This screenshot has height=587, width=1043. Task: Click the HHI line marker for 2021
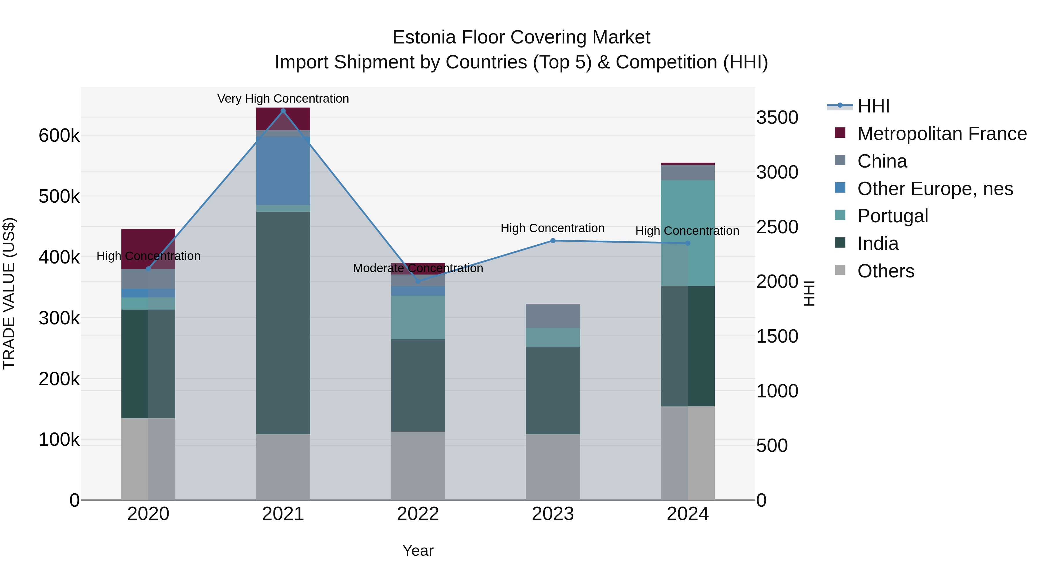click(x=283, y=111)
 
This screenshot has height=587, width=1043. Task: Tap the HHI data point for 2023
click(x=553, y=241)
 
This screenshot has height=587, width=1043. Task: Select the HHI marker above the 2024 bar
click(x=688, y=243)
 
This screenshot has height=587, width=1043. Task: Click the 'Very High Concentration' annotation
click(x=283, y=99)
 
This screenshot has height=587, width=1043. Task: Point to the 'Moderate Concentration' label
click(x=418, y=268)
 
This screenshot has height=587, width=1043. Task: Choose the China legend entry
click(x=882, y=161)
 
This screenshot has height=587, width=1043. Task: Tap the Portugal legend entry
click(x=892, y=216)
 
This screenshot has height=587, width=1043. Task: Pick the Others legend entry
click(x=885, y=271)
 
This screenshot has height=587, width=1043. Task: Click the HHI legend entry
click(x=873, y=106)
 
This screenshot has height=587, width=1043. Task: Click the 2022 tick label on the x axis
click(x=418, y=514)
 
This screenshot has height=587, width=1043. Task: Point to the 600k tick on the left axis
click(x=59, y=136)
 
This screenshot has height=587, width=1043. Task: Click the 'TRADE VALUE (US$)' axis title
click(x=9, y=293)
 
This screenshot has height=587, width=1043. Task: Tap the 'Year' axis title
click(x=418, y=550)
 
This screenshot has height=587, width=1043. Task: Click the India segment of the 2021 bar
click(x=283, y=323)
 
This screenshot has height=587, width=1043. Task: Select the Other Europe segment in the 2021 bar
click(x=283, y=170)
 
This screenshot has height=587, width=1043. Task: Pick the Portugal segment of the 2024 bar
click(x=688, y=233)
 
